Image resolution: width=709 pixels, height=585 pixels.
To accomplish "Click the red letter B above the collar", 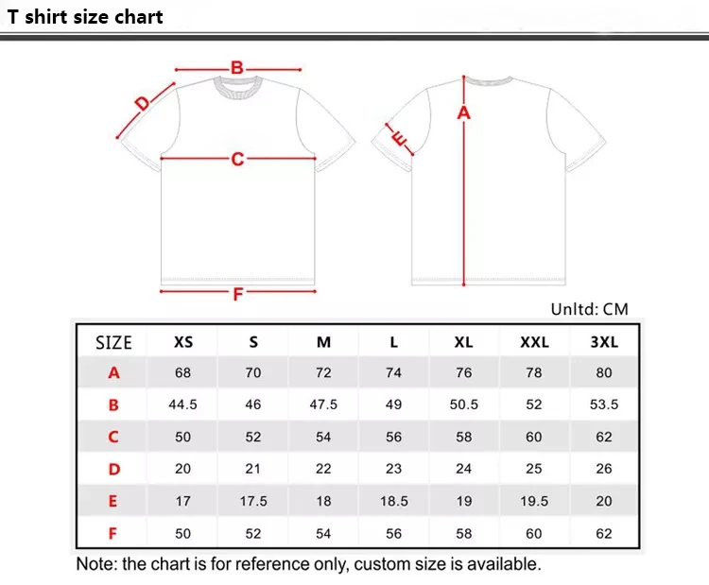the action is point(237,67).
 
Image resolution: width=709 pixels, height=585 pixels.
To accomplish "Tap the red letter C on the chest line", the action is point(237,159).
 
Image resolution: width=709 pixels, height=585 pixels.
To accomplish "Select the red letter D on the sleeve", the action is point(143,104).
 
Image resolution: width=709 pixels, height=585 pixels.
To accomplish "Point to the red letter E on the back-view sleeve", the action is point(399,141).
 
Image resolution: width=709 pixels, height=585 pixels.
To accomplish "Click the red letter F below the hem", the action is point(238,293).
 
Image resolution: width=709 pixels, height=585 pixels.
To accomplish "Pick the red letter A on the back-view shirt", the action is point(463,113).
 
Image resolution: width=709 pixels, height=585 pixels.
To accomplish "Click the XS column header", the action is point(183,342).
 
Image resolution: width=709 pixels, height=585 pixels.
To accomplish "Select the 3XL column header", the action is point(604,342).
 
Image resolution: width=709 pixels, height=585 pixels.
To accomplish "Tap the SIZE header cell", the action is point(113,342).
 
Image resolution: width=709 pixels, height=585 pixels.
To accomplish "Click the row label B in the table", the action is point(113,404).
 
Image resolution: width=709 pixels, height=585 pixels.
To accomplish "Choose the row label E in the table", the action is point(113,501).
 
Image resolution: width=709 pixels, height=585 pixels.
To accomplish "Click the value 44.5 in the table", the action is point(183,404).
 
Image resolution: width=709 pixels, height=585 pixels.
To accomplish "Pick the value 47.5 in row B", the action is point(323,404).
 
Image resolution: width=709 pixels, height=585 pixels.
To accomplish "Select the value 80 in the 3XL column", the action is point(604,372).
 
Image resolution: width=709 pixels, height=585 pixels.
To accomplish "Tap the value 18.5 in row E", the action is point(393,501).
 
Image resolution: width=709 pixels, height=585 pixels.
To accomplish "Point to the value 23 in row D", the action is point(393,469).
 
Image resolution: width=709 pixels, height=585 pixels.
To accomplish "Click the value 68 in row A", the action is point(183,372).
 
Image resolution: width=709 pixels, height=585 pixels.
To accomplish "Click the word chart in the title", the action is point(139,17).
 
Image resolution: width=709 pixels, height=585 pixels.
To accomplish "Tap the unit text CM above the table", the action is point(614,309).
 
